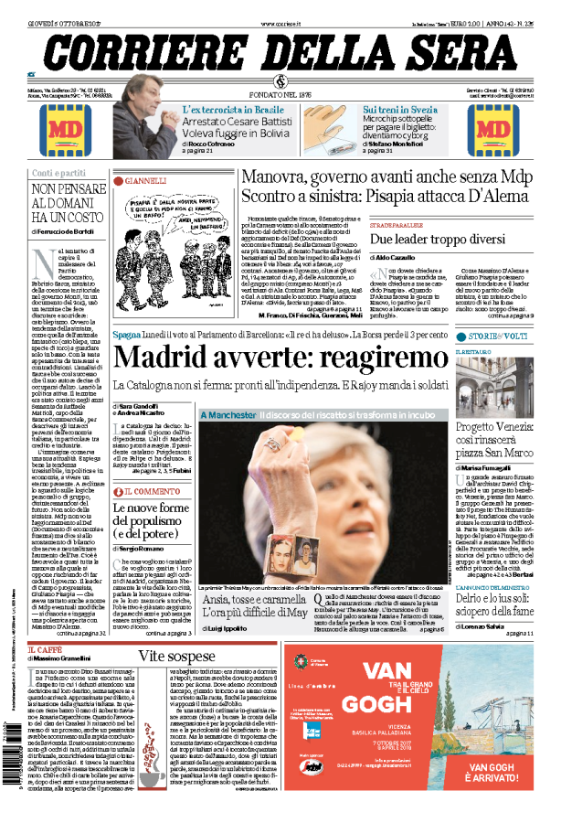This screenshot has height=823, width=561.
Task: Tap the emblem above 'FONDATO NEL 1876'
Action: (x=280, y=83)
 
